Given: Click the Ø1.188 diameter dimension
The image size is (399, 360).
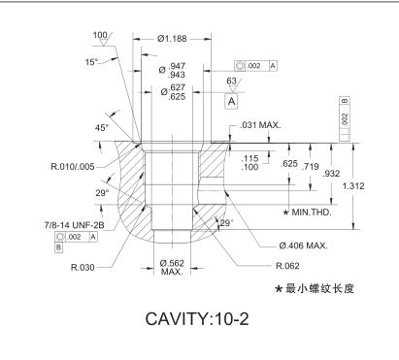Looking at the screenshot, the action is coord(172,39).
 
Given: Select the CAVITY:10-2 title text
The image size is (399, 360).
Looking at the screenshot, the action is coord(197,319).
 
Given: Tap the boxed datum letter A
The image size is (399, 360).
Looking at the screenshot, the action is coord(231,102).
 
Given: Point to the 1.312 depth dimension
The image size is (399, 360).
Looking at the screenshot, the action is coord(353,186).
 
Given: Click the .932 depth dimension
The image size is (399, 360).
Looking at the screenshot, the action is coord(331,174).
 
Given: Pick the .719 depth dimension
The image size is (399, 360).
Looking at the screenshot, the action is coord(311,167).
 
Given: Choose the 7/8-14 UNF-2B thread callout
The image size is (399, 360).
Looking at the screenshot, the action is coord(75,225).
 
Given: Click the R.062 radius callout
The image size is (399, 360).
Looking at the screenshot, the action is coord(287,266).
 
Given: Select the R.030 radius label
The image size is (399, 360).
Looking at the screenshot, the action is coord(83,268).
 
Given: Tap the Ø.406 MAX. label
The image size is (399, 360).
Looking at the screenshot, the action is coord(303,245).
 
